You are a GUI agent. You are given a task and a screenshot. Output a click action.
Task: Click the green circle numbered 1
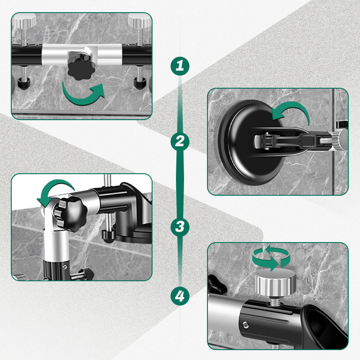tap(180, 67)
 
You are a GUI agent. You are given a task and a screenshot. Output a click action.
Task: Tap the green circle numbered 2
tap(180, 142)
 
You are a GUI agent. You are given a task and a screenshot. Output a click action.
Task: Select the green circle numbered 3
tap(180, 226)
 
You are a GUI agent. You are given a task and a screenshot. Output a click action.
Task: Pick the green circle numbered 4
tap(180, 296)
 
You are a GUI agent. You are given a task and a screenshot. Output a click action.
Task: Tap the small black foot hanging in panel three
tap(107, 234)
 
